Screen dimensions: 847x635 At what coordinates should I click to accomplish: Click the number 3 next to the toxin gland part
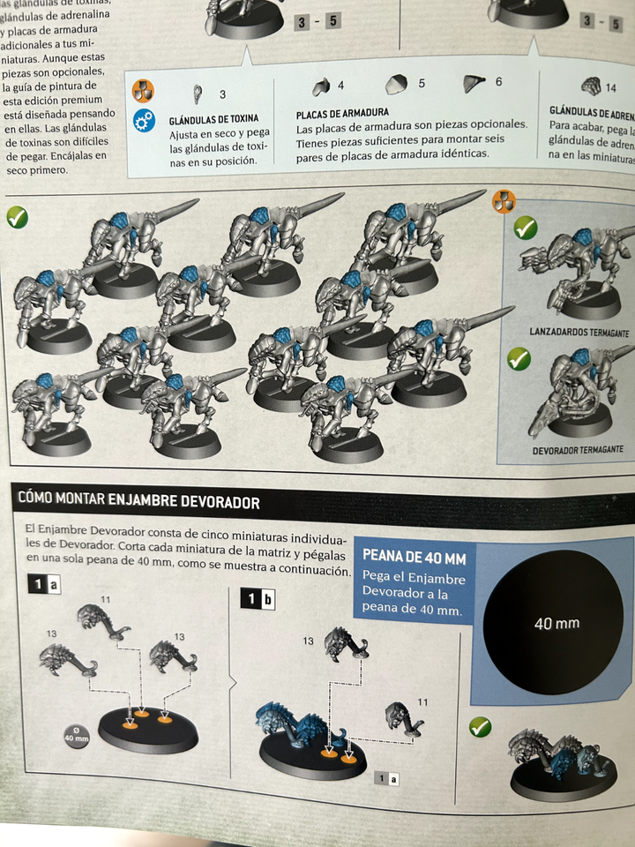[222, 94]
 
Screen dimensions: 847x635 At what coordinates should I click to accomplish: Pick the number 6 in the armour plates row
[498, 82]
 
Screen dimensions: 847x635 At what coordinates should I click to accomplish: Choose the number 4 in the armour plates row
[341, 86]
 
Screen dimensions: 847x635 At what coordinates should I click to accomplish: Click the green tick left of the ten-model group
[17, 216]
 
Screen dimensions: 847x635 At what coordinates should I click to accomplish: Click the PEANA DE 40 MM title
[415, 558]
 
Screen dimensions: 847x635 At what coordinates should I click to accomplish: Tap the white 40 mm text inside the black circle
[557, 624]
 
